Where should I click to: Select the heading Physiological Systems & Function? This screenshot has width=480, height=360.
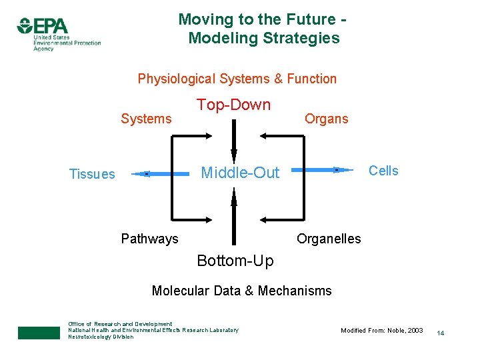pos(237,79)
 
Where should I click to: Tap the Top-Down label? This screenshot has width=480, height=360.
pos(233,105)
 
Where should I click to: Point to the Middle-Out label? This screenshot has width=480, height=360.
pos(241,173)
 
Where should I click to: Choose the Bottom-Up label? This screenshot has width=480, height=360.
pos(235,261)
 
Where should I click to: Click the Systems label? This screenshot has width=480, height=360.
pos(146,119)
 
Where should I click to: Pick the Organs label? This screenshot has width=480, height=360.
pos(326,119)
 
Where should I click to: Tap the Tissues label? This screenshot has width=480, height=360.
pos(92,174)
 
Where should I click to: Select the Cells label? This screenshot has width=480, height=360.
pos(383,171)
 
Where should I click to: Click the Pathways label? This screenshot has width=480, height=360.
pos(149,239)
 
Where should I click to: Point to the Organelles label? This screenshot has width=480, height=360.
pos(329,239)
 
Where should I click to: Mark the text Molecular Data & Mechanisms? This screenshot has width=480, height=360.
pos(241,291)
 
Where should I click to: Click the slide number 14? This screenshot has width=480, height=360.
pos(441,332)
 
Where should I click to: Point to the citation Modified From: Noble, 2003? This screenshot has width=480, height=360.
pos(381,331)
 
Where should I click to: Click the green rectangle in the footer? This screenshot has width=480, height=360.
pos(39,333)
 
